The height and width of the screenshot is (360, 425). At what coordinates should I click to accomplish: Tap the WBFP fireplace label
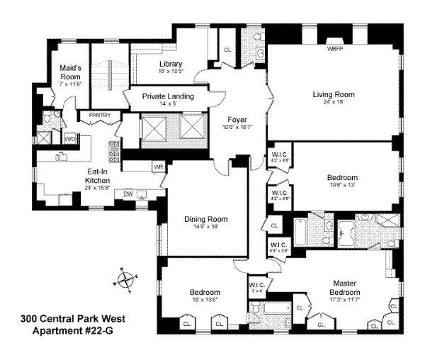coord(333,50)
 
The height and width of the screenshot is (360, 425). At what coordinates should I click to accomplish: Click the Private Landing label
coord(168,96)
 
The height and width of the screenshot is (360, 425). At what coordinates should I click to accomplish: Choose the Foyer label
coord(237,119)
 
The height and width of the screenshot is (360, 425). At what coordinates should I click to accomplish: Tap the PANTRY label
coord(100,115)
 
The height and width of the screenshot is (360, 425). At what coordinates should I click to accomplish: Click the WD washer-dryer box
coord(69,140)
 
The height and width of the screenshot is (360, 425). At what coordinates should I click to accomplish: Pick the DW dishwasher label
coord(128,193)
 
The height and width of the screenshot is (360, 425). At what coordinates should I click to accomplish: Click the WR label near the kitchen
coord(158,167)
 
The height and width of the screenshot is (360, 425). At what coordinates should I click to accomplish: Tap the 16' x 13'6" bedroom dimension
coord(205,300)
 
